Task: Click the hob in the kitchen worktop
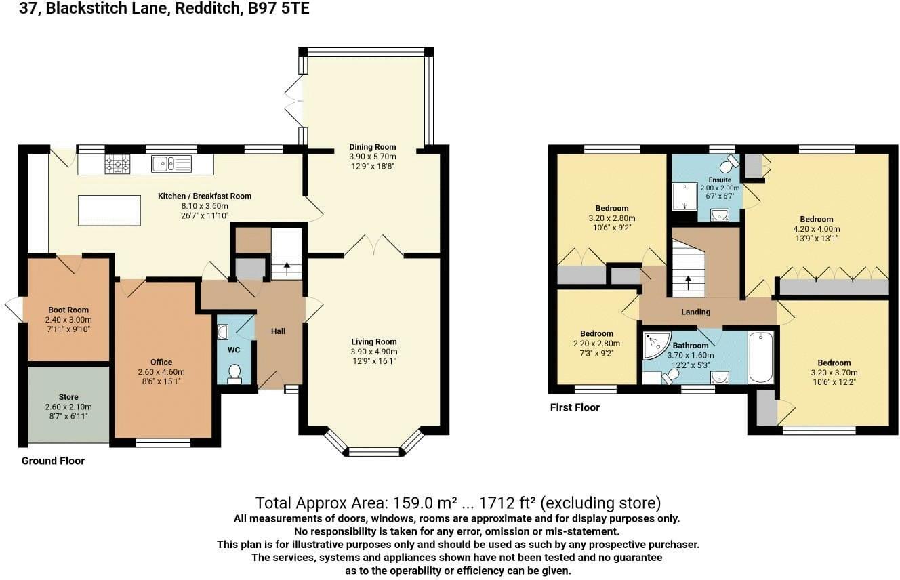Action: (x=117, y=164)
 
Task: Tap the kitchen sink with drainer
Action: (x=171, y=164)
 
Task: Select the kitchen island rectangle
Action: (x=109, y=211)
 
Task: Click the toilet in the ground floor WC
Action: (x=234, y=373)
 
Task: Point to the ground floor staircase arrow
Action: (x=287, y=269)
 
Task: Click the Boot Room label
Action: (x=68, y=310)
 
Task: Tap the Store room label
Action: (x=68, y=397)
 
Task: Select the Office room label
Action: (x=161, y=362)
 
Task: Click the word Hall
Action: (x=278, y=331)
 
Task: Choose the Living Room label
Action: (x=374, y=341)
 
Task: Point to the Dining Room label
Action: (x=373, y=147)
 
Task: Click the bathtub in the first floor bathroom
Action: (x=760, y=357)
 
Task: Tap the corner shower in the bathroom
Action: (x=656, y=345)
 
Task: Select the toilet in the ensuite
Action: (x=730, y=163)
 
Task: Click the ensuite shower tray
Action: (x=684, y=196)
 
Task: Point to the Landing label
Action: (x=695, y=312)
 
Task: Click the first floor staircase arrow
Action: (x=689, y=283)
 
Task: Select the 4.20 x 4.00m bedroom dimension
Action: (x=817, y=229)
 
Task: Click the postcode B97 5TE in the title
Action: (x=279, y=8)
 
